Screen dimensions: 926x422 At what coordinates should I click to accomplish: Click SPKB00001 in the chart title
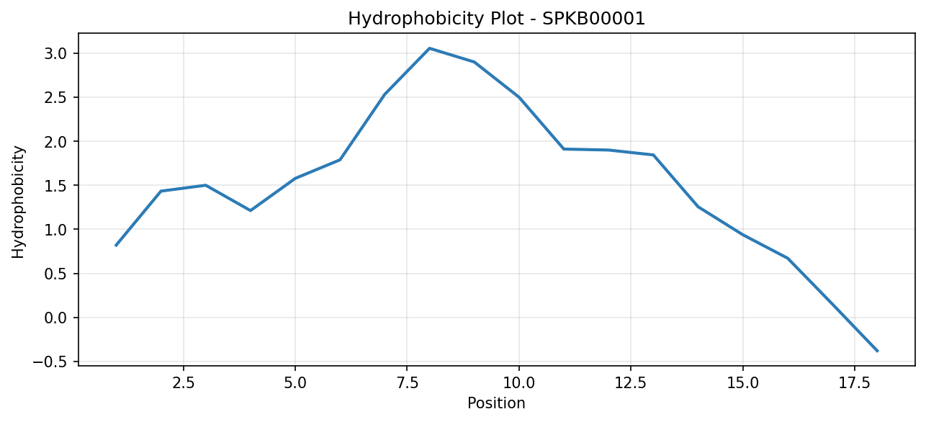pos(593,19)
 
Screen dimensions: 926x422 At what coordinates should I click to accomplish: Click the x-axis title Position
pos(496,403)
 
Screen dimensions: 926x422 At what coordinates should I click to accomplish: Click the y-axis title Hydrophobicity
pos(18,202)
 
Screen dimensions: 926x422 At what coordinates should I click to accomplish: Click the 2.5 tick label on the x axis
pos(183,383)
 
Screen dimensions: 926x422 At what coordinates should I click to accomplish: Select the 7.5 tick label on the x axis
pos(407,383)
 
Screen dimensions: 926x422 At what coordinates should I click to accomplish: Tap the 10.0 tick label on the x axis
pos(519,383)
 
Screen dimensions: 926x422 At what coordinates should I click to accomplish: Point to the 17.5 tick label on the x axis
pos(855,383)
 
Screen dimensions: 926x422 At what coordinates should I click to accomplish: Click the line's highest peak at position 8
pos(429,48)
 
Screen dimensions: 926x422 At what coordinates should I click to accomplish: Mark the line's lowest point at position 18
pos(877,351)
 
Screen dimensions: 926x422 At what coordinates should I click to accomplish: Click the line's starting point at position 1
pos(116,246)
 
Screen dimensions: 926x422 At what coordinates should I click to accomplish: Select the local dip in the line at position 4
pos(251,210)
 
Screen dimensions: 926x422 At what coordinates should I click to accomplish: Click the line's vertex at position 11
pos(564,149)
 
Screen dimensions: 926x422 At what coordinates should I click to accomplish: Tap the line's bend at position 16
pos(788,259)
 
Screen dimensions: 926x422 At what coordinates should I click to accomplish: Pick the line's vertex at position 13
pos(654,155)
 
